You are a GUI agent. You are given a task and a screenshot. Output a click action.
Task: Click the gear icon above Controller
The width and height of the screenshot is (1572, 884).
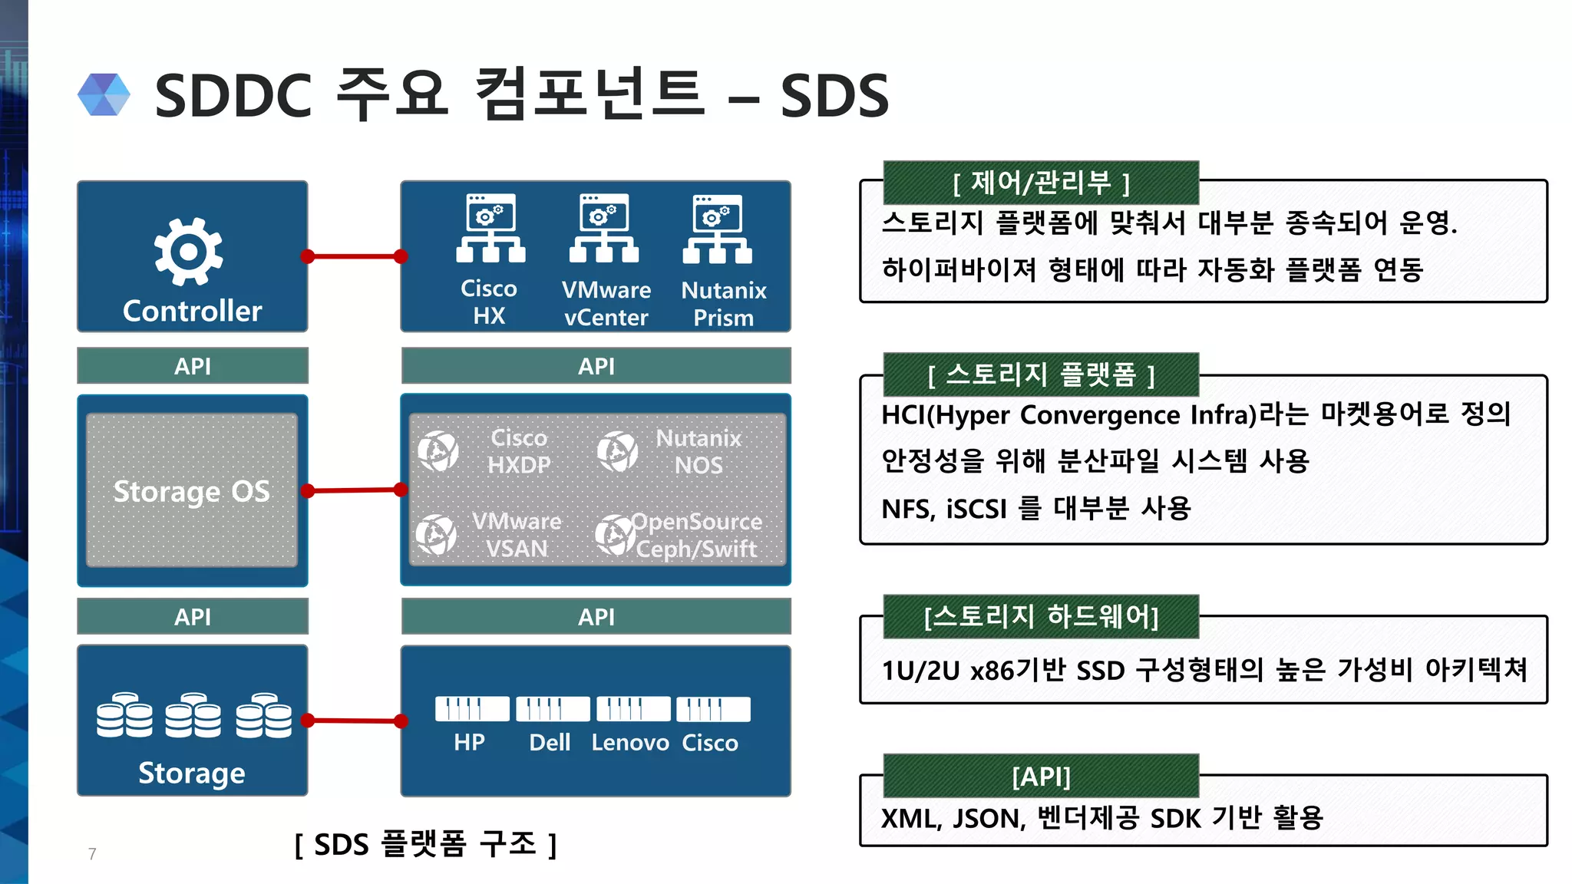point(189,252)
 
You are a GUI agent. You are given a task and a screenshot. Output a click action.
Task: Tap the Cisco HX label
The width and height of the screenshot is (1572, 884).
point(489,302)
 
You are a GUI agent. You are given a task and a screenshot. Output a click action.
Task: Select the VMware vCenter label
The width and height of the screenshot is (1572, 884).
point(606,303)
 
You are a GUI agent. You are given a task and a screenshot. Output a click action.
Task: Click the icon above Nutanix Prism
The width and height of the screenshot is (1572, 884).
point(718,229)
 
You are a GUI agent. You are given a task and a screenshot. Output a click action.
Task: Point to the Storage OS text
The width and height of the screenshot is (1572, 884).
point(192,491)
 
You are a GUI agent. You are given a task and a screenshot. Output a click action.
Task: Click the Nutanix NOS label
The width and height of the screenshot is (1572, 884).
point(698,451)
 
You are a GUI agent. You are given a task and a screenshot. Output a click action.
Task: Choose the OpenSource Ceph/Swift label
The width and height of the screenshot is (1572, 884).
point(696,535)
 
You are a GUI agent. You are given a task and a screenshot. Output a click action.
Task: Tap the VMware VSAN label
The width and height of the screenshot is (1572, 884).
point(517,535)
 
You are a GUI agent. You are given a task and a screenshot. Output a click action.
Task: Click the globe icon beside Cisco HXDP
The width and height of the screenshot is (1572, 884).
point(438,450)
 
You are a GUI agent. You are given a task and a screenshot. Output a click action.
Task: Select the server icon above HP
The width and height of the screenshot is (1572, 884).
point(471,709)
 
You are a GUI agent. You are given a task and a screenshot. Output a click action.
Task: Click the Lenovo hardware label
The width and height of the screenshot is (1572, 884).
point(630,743)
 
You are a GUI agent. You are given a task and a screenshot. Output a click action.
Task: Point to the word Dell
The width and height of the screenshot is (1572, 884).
point(550,743)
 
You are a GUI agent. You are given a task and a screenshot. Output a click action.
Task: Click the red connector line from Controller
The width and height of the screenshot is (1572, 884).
point(354,256)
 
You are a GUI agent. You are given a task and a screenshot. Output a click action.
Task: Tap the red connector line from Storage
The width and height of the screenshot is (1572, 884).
point(354,721)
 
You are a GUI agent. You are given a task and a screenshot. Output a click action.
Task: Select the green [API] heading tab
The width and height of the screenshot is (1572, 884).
point(1041,776)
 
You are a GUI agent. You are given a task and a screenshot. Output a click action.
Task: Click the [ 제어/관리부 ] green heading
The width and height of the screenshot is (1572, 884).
point(1041,183)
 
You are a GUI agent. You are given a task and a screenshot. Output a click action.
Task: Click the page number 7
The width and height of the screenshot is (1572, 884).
point(92,854)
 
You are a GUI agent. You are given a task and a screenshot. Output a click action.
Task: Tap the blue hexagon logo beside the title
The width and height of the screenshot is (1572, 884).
point(104,95)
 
